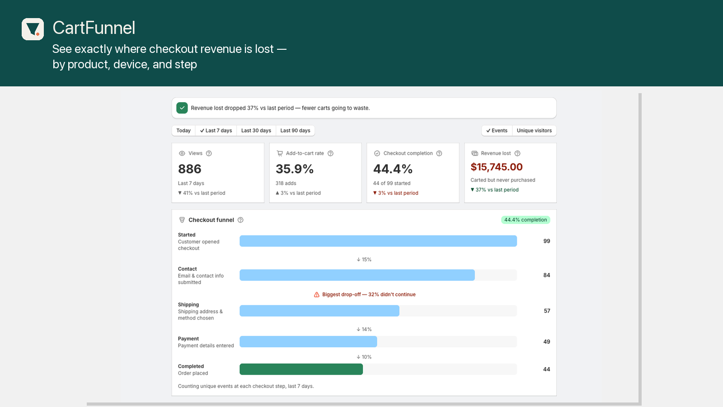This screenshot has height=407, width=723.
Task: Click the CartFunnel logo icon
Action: tap(33, 29)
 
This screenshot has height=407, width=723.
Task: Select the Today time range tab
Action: tap(183, 131)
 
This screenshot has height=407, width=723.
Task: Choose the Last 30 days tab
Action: tap(256, 131)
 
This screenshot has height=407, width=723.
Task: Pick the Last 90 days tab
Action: tap(295, 131)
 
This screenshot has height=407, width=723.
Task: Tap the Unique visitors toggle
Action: tap(534, 131)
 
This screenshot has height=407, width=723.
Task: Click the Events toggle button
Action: tap(497, 131)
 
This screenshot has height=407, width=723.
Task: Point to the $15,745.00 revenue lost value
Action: tap(497, 167)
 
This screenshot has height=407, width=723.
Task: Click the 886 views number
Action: tap(189, 169)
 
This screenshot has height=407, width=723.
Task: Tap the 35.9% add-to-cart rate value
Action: tap(294, 169)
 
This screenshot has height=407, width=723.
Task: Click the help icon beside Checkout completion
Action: tap(439, 153)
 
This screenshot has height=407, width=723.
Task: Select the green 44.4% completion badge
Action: tap(526, 220)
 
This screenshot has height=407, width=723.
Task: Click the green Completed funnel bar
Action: tap(301, 369)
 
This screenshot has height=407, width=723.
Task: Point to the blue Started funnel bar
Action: tap(378, 241)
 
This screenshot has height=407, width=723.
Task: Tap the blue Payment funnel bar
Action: tap(308, 342)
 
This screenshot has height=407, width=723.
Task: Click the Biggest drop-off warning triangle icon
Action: tap(317, 294)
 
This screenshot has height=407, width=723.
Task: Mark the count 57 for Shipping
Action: tap(547, 311)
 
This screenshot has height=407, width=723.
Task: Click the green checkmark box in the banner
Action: tap(182, 108)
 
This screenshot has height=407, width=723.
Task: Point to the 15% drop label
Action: tap(364, 260)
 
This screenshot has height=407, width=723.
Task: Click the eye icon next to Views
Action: tap(182, 153)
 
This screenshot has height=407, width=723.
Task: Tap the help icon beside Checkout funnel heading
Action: tap(240, 220)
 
